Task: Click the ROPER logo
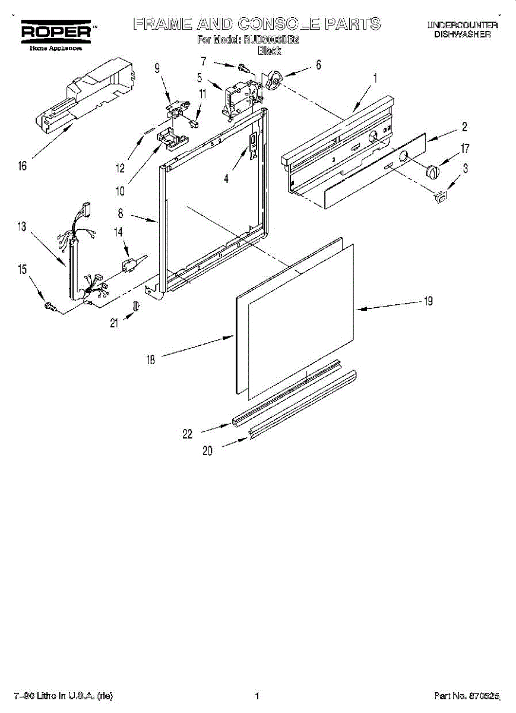tap(56, 31)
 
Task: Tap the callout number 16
tap(23, 166)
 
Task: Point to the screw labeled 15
tap(50, 306)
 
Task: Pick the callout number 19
tap(428, 301)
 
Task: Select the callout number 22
tap(187, 434)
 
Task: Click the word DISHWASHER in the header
tap(461, 34)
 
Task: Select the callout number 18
tap(151, 359)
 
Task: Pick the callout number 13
tap(23, 226)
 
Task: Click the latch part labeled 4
tap(254, 146)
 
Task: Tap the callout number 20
tap(207, 451)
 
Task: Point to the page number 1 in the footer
tap(257, 696)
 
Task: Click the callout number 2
tap(464, 126)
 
